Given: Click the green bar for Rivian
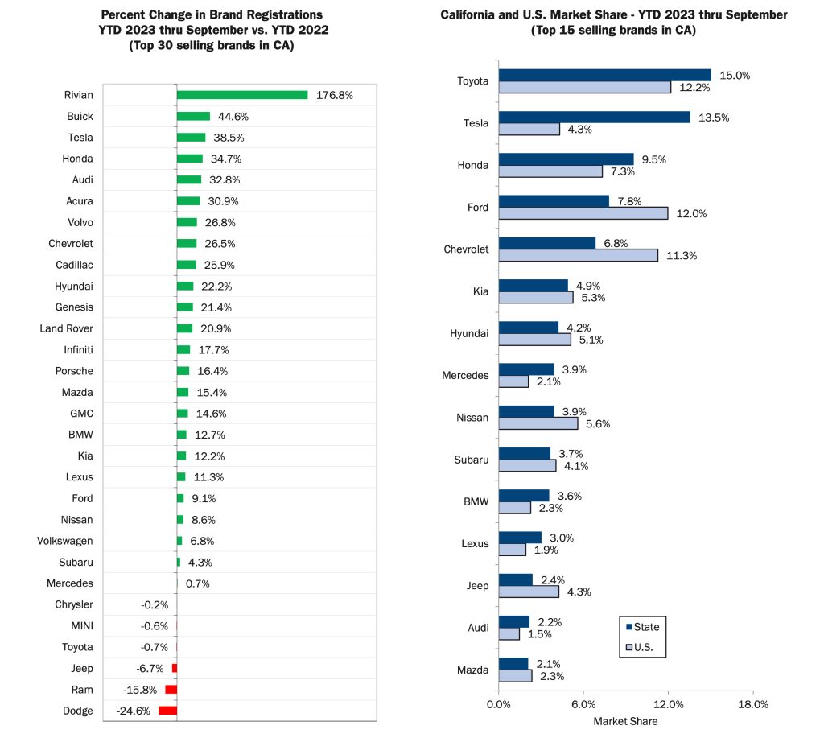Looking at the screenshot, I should pos(242,95).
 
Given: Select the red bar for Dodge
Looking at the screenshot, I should pos(167,711).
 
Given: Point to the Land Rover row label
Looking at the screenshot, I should pos(66,328).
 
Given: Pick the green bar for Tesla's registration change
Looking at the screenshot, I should pos(192,138).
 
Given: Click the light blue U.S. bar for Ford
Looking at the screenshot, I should pos(583,213).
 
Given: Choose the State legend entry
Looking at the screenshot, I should pos(641,626).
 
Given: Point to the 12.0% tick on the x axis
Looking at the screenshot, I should pos(668,704).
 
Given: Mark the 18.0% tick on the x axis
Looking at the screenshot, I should pos(752,704).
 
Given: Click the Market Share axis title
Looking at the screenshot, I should pos(625,721).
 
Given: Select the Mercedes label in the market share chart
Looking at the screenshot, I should pos(465,376).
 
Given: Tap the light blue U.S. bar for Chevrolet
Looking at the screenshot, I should pos(579,255).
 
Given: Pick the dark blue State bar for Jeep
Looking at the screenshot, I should pos(516,579).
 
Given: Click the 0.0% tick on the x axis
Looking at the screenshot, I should pos(499,704).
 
